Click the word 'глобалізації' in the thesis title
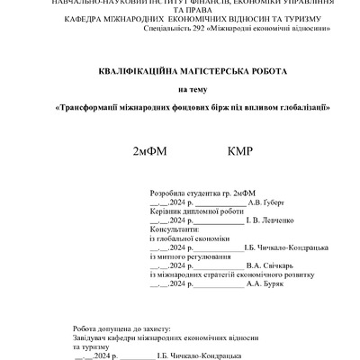click(x=282, y=107)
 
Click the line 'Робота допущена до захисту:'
click(x=126, y=330)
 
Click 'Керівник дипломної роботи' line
click(x=197, y=211)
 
